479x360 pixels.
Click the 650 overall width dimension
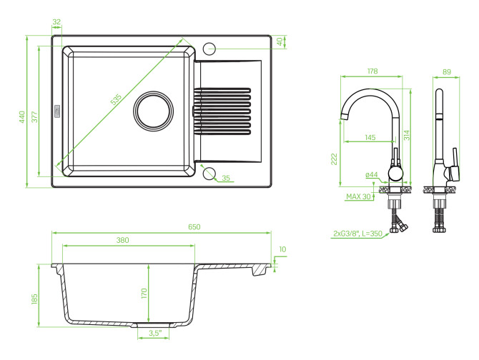pos(194,226)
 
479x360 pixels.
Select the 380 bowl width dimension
pos(123,240)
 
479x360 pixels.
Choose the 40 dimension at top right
pos(280,40)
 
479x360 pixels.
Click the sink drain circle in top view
pos(154,111)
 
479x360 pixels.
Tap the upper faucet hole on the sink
pos(210,49)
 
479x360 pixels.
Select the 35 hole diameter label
pos(226,178)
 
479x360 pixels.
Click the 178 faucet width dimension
pos(371,71)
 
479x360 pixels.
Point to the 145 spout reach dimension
pos(370,137)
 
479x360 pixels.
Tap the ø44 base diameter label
pos(371,174)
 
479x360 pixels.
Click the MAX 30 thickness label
pos(360,196)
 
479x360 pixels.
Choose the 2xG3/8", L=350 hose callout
pos(357,233)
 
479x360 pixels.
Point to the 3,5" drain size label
pos(155,333)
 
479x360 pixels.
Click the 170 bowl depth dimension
pos(144,293)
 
